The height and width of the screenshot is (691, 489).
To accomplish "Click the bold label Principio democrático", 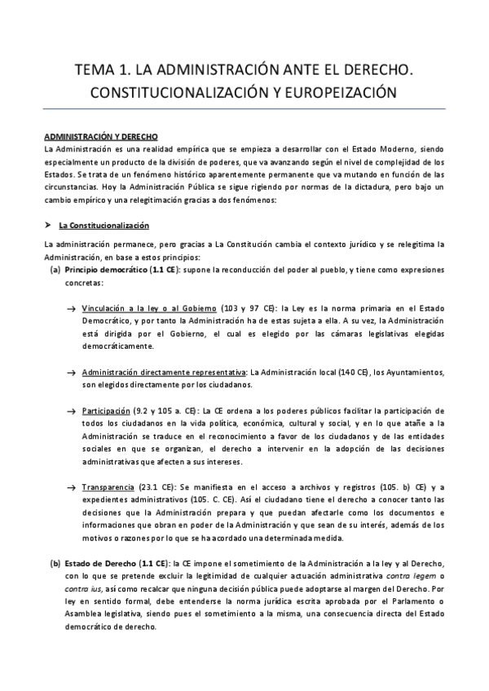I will point(112,269).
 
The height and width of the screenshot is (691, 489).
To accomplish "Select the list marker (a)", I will point(55,269).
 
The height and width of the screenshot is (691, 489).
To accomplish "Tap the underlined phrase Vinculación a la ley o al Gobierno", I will point(149,309).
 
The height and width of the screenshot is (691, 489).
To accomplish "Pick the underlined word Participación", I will point(106,410).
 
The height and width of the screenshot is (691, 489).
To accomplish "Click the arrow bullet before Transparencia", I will point(72,486).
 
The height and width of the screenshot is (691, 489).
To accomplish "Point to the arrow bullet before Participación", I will point(72,410).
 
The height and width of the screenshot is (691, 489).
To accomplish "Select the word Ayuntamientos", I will point(409,372).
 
